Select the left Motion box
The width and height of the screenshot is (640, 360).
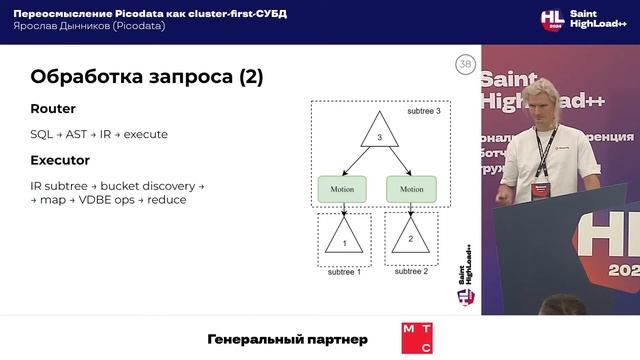coord(342,188)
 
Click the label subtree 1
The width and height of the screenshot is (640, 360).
coord(344,272)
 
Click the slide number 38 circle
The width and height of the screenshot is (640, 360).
coord(465,65)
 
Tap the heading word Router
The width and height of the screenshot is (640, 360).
coord(53,109)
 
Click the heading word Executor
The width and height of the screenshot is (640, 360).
coord(60,159)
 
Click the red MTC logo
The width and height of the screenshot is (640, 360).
coord(416,339)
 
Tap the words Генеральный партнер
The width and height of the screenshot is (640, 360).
coord(287,339)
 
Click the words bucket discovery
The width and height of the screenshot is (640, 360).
coord(150,185)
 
